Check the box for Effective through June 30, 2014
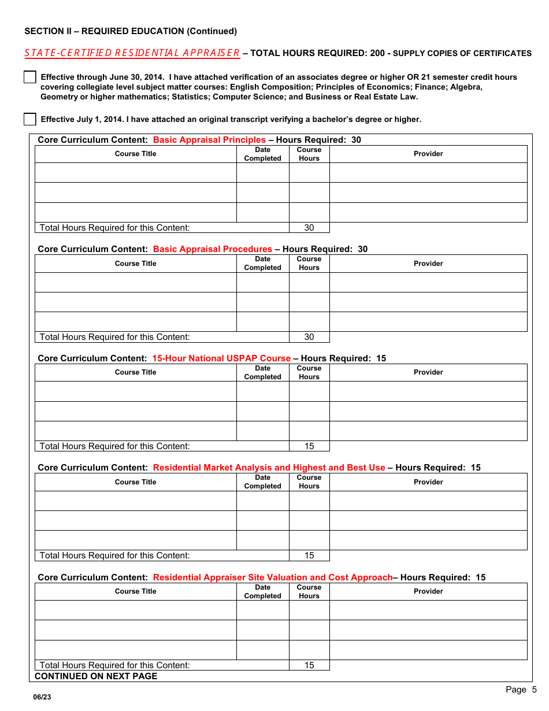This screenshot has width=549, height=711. [30, 77]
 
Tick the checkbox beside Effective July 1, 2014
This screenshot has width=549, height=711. [30, 120]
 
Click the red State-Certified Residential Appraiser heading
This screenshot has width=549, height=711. [132, 53]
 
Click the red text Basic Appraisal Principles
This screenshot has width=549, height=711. [209, 140]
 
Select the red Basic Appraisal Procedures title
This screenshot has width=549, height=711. [212, 249]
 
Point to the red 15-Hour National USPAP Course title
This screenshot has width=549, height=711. [221, 358]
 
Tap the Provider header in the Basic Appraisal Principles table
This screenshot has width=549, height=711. [428, 154]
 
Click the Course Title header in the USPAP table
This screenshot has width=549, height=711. [135, 372]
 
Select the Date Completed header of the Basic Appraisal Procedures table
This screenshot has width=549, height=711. [262, 264]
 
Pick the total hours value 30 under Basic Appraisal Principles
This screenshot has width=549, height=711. [309, 228]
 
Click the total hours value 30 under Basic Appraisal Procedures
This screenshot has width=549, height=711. [309, 337]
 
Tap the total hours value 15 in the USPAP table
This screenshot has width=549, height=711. [309, 446]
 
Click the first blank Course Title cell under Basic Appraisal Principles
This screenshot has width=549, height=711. [135, 173]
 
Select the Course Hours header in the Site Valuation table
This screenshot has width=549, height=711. [309, 591]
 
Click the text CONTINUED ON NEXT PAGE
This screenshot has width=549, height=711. [96, 676]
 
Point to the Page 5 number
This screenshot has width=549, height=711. [521, 690]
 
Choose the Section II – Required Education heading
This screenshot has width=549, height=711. [131, 31]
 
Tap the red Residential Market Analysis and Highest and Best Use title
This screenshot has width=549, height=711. [269, 468]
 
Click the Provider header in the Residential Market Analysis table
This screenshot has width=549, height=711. [428, 482]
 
